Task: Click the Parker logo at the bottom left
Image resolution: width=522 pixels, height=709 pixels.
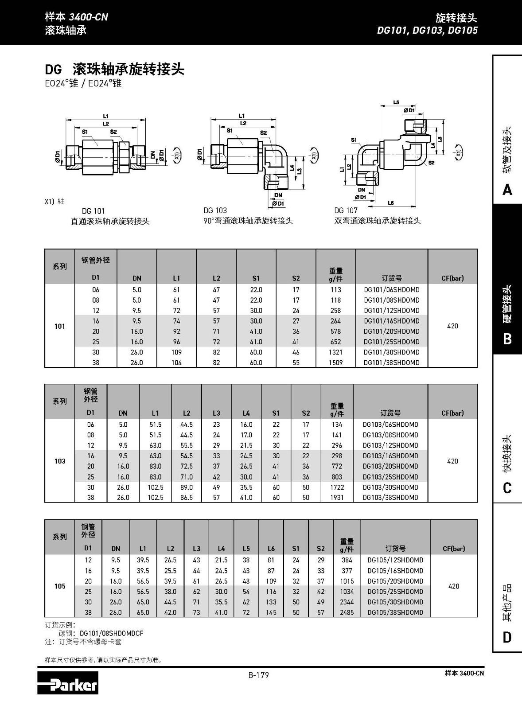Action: pos(68,682)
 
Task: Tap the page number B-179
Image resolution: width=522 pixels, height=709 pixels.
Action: pos(258,675)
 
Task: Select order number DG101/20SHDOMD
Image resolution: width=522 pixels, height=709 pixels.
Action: pos(391,331)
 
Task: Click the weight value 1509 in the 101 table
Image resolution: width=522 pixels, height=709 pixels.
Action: pos(335,362)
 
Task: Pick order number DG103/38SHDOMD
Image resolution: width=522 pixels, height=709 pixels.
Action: pos(390,498)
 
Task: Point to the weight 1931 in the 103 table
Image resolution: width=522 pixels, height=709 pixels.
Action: pos(337,498)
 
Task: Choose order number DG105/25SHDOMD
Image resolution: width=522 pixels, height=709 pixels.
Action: pos(395,592)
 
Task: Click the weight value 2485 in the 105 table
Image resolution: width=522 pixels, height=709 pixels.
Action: pos(347,612)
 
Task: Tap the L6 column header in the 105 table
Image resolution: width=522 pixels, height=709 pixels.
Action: pos(271,549)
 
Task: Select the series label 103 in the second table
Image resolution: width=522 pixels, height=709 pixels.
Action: pos(60,461)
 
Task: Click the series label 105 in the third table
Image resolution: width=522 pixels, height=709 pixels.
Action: pos(60,586)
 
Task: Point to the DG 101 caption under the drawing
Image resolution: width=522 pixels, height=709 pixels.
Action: pos(93,211)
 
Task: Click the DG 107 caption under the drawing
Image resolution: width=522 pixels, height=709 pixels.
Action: pos(346,210)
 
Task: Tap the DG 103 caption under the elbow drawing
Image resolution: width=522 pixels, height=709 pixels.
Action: pos(215,210)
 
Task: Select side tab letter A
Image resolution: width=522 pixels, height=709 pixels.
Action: pos(507,190)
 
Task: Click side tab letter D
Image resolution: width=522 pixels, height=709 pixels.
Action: pos(507,638)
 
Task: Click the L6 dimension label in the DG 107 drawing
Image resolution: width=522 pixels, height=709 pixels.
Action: pos(390,203)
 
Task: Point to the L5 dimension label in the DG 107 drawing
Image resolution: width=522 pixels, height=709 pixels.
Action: pos(396,103)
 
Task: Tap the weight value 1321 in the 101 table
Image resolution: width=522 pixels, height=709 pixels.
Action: pos(335,352)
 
